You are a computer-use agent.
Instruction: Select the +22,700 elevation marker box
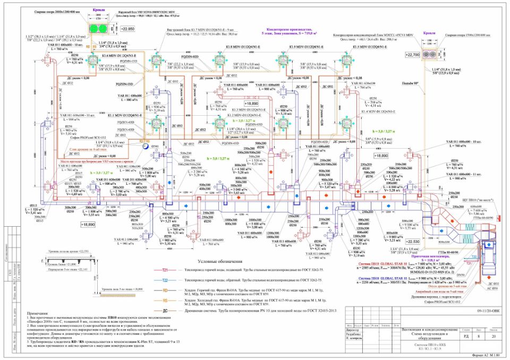click(413, 55)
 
